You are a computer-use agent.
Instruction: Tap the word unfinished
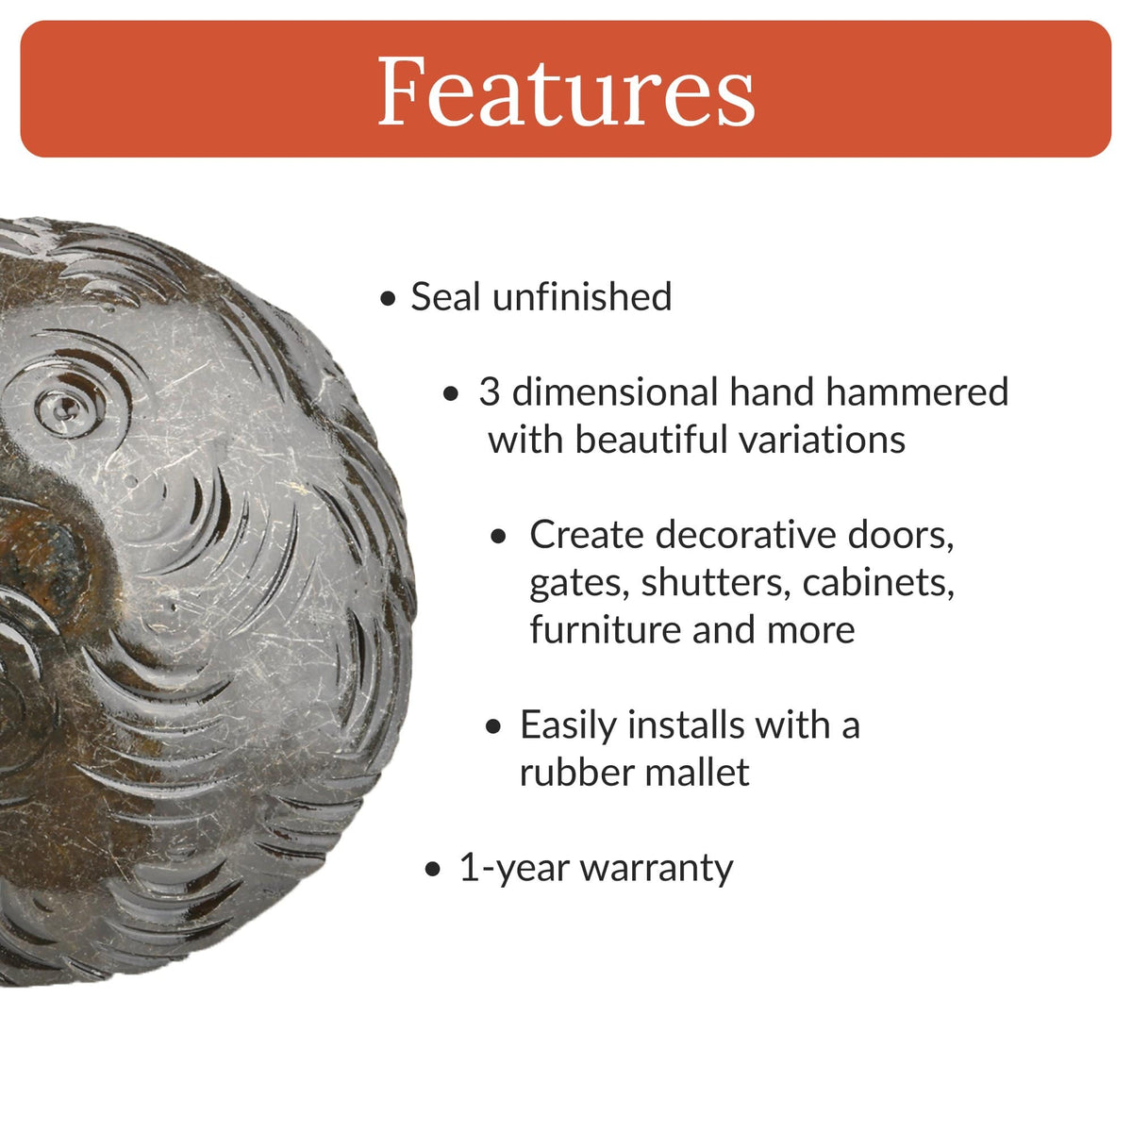[582, 297]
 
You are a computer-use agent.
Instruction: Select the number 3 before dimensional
[489, 392]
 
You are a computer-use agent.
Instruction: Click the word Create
[586, 535]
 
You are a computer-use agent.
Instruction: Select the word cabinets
[878, 582]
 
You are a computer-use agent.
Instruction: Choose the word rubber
[572, 773]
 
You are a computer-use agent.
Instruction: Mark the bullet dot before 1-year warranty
[433, 870]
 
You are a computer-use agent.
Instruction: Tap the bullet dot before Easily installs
[494, 727]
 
